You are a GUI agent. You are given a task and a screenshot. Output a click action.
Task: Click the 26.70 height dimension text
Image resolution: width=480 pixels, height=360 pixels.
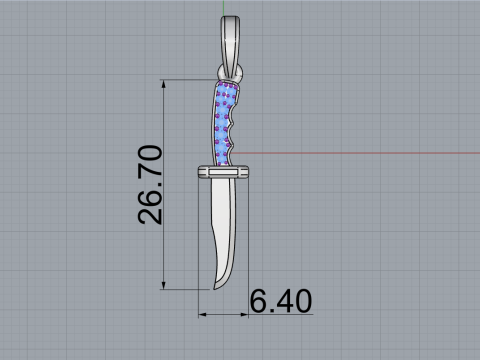150,185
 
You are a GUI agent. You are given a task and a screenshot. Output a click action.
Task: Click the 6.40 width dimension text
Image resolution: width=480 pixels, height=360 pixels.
281,301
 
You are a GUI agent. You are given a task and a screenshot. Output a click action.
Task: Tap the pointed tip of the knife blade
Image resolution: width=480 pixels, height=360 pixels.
214,289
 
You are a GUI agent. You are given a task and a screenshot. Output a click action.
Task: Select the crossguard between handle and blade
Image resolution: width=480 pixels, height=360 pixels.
223,172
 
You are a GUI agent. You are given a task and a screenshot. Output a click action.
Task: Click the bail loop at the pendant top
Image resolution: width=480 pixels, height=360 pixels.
230,43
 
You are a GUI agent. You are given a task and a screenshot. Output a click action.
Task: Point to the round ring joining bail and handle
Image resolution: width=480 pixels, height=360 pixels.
230,73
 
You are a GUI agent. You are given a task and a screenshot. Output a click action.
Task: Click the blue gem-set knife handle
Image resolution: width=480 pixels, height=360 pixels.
224,123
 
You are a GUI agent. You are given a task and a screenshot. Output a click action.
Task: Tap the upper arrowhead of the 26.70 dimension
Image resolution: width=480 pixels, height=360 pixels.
163,84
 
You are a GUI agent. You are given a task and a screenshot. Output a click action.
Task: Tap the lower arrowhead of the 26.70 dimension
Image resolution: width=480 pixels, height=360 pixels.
163,285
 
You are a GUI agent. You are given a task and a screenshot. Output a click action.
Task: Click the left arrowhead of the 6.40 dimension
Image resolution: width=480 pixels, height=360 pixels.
203,314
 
